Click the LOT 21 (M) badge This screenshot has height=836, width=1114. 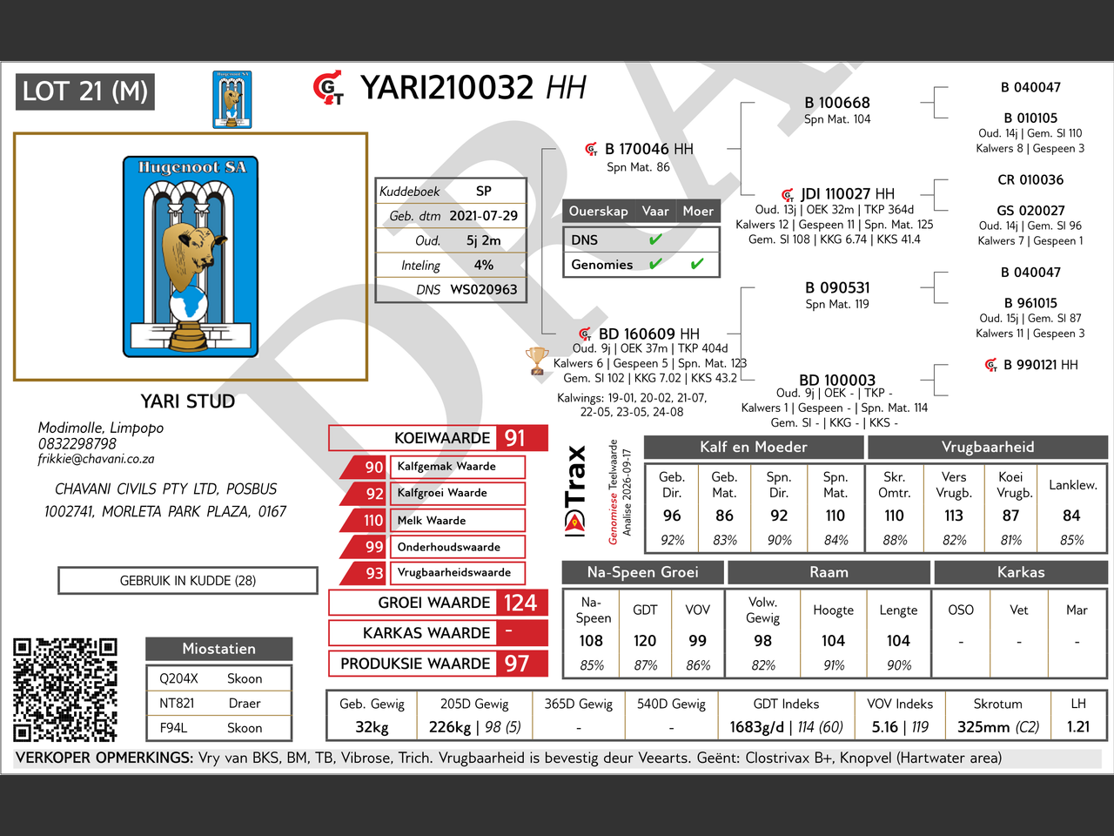pyautogui.click(x=85, y=92)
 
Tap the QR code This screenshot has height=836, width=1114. pyautogui.click(x=65, y=690)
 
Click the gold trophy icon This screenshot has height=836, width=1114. pyautogui.click(x=536, y=361)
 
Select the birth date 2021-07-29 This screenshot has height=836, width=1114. pyautogui.click(x=483, y=216)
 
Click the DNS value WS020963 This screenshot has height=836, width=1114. pyautogui.click(x=484, y=289)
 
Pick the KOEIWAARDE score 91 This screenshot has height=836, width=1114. pyautogui.click(x=514, y=438)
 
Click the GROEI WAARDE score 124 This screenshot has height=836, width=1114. pyautogui.click(x=520, y=603)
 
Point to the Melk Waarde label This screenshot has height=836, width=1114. pyautogui.click(x=432, y=520)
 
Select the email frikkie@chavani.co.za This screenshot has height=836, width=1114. pyautogui.click(x=96, y=459)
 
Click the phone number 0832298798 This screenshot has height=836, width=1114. pyautogui.click(x=77, y=443)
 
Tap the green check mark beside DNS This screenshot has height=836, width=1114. pyautogui.click(x=655, y=239)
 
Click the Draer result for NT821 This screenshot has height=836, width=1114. pyautogui.click(x=245, y=703)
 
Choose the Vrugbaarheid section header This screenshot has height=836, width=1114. pyautogui.click(x=988, y=447)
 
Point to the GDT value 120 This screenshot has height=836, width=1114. pyautogui.click(x=645, y=641)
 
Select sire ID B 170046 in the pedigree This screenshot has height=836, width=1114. pyautogui.click(x=636, y=149)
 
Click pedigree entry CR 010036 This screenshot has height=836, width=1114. pyautogui.click(x=1030, y=179)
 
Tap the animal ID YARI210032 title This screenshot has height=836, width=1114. pyautogui.click(x=446, y=87)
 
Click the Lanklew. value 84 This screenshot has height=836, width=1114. pyautogui.click(x=1070, y=516)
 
